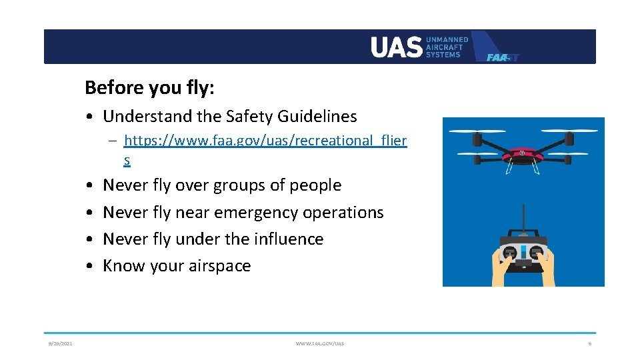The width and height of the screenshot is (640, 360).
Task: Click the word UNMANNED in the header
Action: click(447, 40)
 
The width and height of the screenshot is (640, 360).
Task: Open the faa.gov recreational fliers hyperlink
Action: click(265, 141)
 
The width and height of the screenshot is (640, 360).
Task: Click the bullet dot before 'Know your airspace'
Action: click(89, 266)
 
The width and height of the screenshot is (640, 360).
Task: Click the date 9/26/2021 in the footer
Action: click(60, 343)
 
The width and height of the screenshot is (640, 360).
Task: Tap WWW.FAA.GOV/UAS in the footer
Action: click(320, 343)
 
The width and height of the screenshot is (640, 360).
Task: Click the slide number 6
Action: click(589, 343)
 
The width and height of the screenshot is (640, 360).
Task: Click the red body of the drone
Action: click(523, 155)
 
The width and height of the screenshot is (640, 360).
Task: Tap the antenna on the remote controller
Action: click(523, 220)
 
